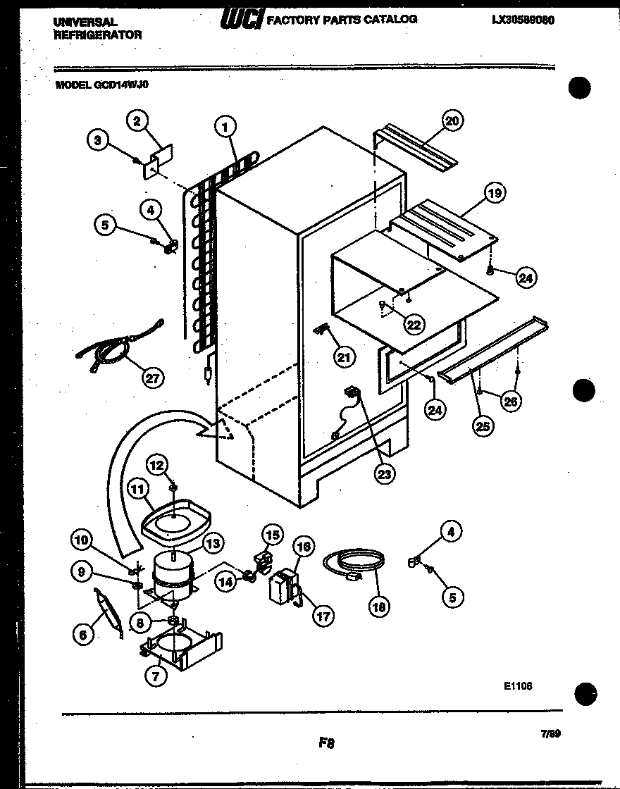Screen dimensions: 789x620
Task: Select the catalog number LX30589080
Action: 523,20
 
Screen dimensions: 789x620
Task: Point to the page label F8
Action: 325,742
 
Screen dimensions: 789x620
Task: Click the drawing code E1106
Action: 517,685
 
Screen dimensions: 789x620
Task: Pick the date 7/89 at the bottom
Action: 550,733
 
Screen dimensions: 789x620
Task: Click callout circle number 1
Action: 225,128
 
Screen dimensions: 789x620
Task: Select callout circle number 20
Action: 452,121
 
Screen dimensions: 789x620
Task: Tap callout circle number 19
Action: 495,192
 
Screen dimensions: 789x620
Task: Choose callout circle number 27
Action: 151,378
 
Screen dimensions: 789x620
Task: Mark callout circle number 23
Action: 384,473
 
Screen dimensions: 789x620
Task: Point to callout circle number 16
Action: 303,546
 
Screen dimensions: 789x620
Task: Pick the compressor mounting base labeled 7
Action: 180,645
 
